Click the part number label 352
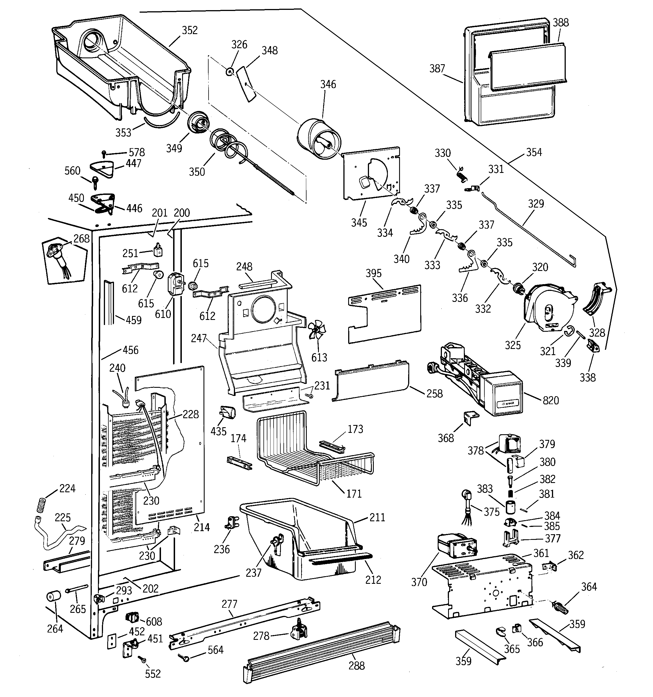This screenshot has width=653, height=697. pos(190,30)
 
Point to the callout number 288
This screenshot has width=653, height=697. pos(356,665)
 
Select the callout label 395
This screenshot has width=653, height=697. pos(373,273)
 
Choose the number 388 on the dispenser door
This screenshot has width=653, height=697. pos(561,23)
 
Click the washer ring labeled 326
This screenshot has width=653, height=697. pos(230,72)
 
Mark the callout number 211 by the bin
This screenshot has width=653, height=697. pos(377,518)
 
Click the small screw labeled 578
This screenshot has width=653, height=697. pos(104,153)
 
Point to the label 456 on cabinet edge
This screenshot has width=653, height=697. pos(130,350)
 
